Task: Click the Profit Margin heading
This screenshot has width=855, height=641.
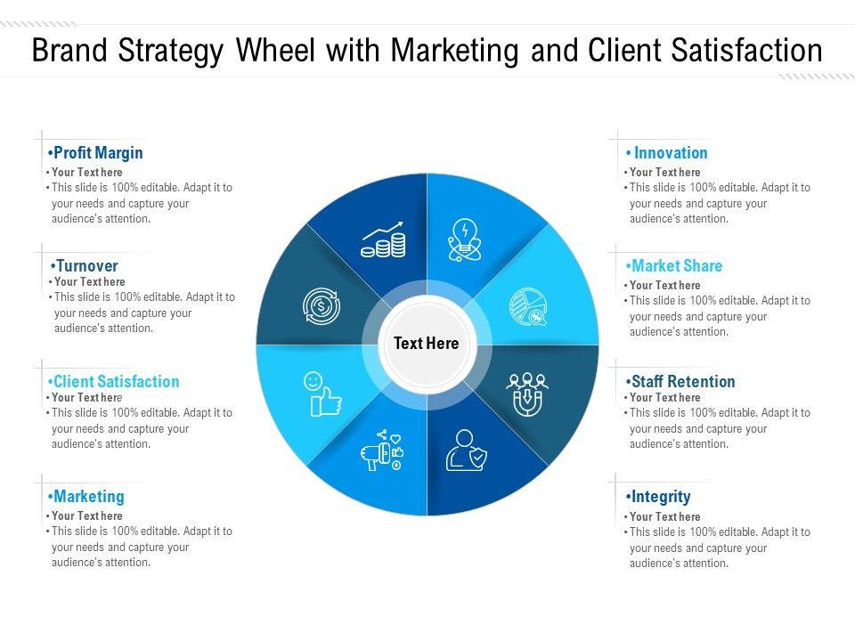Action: click(x=96, y=153)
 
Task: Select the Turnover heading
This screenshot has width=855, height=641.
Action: click(x=85, y=266)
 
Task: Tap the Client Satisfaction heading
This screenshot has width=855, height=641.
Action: click(x=115, y=382)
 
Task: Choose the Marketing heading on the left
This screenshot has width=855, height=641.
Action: click(x=87, y=497)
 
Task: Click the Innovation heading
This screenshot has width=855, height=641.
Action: click(x=670, y=153)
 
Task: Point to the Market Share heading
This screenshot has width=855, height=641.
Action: click(x=676, y=266)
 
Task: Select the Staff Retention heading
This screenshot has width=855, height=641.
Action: click(x=682, y=382)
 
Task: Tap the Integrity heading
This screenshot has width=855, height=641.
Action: click(x=660, y=497)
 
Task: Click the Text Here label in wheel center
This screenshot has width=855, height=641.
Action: click(x=427, y=344)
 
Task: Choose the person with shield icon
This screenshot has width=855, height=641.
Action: click(x=466, y=450)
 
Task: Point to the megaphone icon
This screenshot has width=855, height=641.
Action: click(x=382, y=452)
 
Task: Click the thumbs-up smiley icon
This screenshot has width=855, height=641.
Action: click(x=322, y=394)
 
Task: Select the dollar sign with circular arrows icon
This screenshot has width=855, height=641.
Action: click(x=321, y=306)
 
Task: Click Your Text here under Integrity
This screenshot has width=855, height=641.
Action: click(x=664, y=516)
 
